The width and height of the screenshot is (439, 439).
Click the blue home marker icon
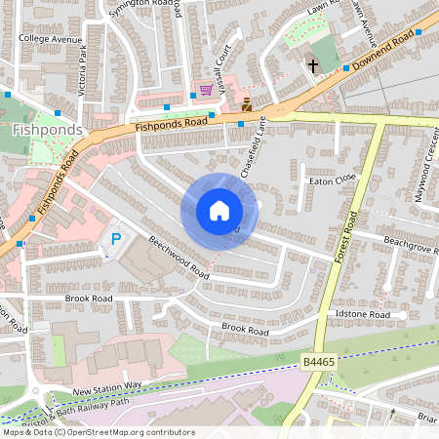coord(219,211)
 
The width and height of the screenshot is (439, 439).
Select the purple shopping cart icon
coord(206,90)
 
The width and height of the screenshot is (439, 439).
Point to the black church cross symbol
coord(313,66)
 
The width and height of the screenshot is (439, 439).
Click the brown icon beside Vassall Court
coord(247,102)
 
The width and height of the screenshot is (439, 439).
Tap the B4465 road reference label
coord(319,362)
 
